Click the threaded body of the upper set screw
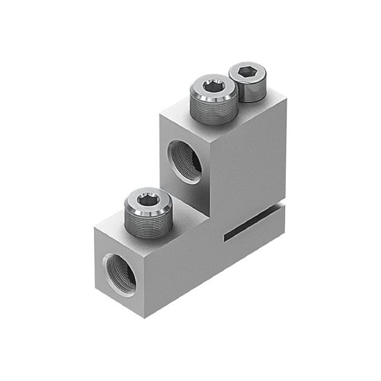click(x=213, y=112)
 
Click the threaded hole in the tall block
click(x=186, y=161)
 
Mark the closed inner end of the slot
click(x=225, y=238)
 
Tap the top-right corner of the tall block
click(x=285, y=100)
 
